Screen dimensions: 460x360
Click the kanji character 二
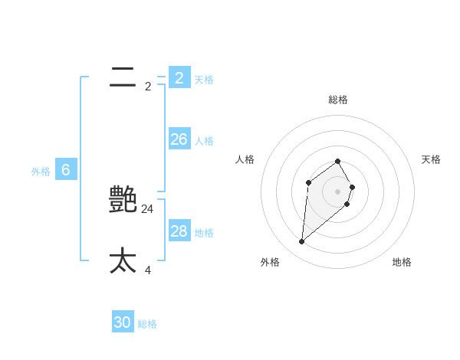tap(123, 77)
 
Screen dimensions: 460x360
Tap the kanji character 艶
tap(123, 200)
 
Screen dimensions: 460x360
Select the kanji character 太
tap(123, 260)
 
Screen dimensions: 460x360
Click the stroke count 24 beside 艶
tap(148, 208)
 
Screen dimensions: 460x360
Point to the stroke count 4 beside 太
tap(148, 270)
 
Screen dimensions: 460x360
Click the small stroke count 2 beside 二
tap(148, 87)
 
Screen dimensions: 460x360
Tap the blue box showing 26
tap(179, 139)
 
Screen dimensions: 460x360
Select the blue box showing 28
tap(179, 231)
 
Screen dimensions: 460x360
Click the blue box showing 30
tap(123, 322)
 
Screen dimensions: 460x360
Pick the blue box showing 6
tap(66, 169)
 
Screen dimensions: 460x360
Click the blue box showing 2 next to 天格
tap(179, 77)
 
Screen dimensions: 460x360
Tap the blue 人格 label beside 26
tap(204, 141)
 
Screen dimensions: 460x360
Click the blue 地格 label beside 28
tap(204, 233)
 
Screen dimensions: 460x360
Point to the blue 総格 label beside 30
tap(147, 325)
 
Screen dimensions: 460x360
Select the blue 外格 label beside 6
tap(41, 172)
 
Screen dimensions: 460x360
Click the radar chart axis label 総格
tap(338, 100)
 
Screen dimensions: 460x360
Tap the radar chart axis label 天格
tap(431, 159)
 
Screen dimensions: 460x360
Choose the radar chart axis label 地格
tap(402, 262)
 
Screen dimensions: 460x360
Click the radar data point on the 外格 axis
tap(301, 242)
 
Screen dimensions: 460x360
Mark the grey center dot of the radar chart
tap(338, 191)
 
